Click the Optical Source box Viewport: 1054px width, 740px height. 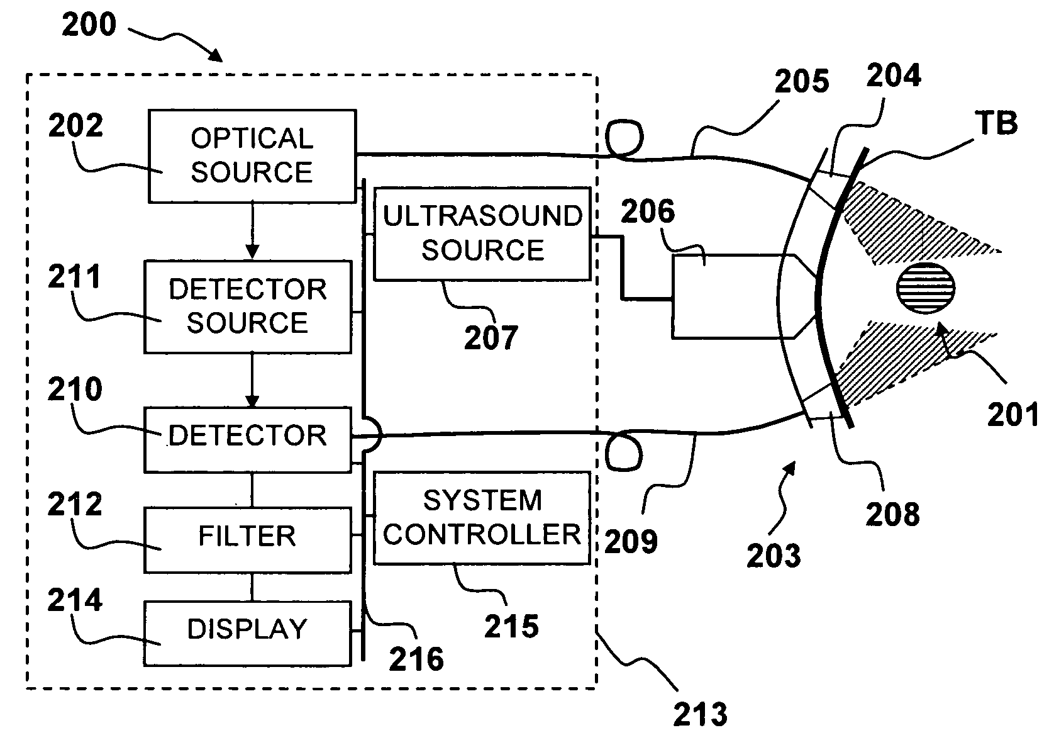pos(252,156)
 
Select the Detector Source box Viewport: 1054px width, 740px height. pos(248,306)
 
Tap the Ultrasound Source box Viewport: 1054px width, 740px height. pos(482,233)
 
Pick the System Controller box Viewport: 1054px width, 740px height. pos(482,518)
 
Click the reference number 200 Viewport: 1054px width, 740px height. pos(89,25)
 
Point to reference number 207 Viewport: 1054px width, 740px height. pos(491,338)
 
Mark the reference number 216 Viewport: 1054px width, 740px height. pos(416,659)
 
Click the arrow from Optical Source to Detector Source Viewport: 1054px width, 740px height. pos(252,231)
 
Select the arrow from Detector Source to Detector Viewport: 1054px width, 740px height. pos(252,380)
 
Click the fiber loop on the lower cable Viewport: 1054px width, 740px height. pos(624,451)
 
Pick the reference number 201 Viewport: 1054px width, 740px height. pos(1012,415)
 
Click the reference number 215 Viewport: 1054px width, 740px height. pos(511,626)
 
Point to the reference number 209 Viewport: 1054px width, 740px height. pos(631,541)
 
